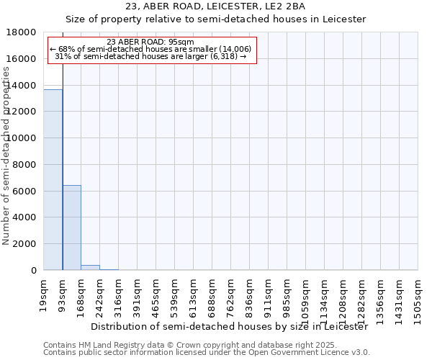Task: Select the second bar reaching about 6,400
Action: point(72,228)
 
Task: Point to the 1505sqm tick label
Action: point(418,293)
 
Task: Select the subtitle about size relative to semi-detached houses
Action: point(216,19)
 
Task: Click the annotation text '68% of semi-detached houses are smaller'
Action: point(151,49)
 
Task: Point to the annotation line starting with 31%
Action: point(151,56)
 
